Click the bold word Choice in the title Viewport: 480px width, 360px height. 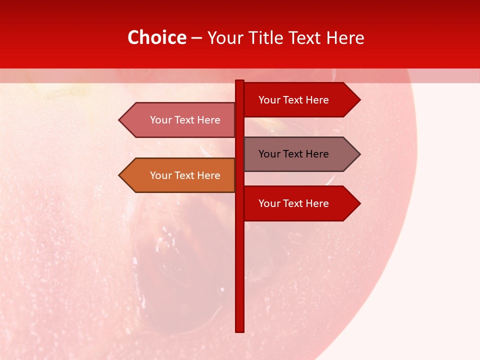(156, 37)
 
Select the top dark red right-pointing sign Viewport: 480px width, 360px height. (300, 99)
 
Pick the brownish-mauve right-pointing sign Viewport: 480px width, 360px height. (300, 154)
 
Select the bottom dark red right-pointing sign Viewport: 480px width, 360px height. (300, 203)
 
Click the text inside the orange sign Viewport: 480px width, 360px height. (185, 175)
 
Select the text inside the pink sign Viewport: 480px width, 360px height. (185, 120)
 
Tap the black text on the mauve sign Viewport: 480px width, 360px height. (293, 154)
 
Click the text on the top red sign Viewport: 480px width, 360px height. (293, 100)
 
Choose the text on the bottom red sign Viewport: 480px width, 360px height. (293, 203)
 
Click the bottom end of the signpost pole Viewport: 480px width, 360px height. (239, 330)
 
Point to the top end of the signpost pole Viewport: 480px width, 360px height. (239, 82)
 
